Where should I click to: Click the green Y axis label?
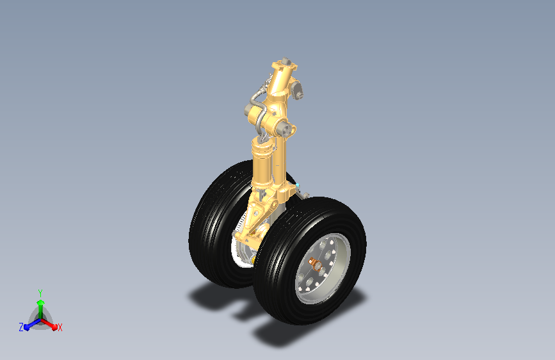click(x=40, y=293)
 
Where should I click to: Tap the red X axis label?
click(x=60, y=327)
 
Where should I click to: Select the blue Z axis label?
click(x=21, y=327)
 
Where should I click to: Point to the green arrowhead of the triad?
click(x=41, y=302)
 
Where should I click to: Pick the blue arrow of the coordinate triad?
click(x=32, y=324)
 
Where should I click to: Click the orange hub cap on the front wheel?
click(x=314, y=263)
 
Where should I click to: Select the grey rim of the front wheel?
click(x=322, y=268)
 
